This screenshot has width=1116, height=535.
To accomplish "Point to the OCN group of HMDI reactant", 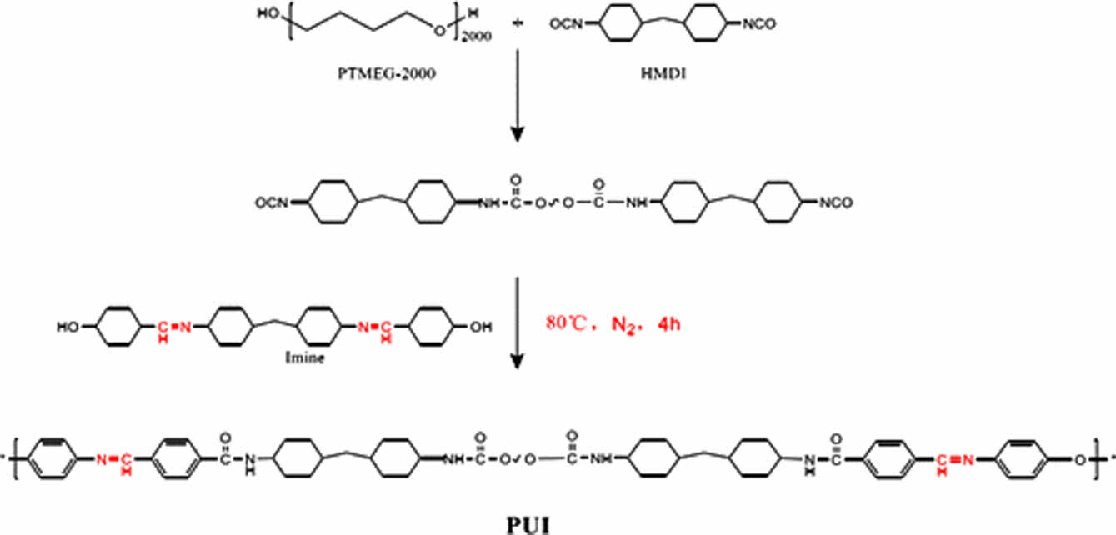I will click(x=565, y=25).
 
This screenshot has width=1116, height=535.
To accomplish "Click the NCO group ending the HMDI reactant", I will click(x=761, y=25).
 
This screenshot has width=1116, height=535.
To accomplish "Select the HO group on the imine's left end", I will click(x=69, y=327).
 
